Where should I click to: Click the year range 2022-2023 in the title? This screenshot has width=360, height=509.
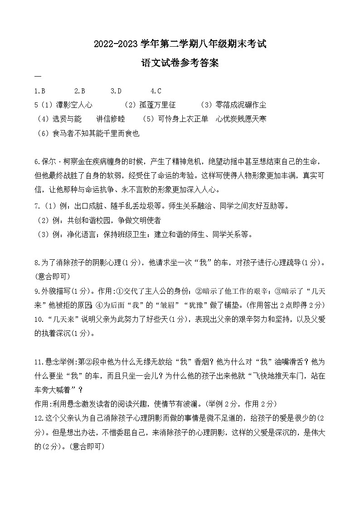(x=112, y=44)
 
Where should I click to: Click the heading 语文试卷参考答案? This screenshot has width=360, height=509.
(x=180, y=63)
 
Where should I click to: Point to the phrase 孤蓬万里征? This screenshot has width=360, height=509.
(x=157, y=105)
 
